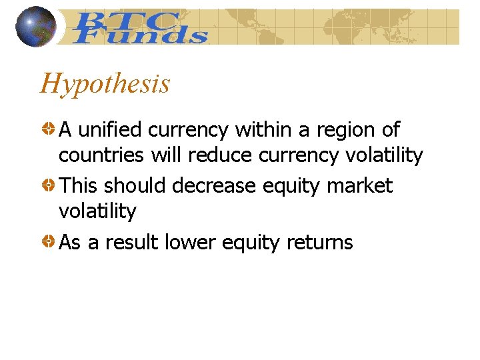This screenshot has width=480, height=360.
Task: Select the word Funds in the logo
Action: coord(140,35)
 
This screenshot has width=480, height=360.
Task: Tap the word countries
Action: coord(101,156)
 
